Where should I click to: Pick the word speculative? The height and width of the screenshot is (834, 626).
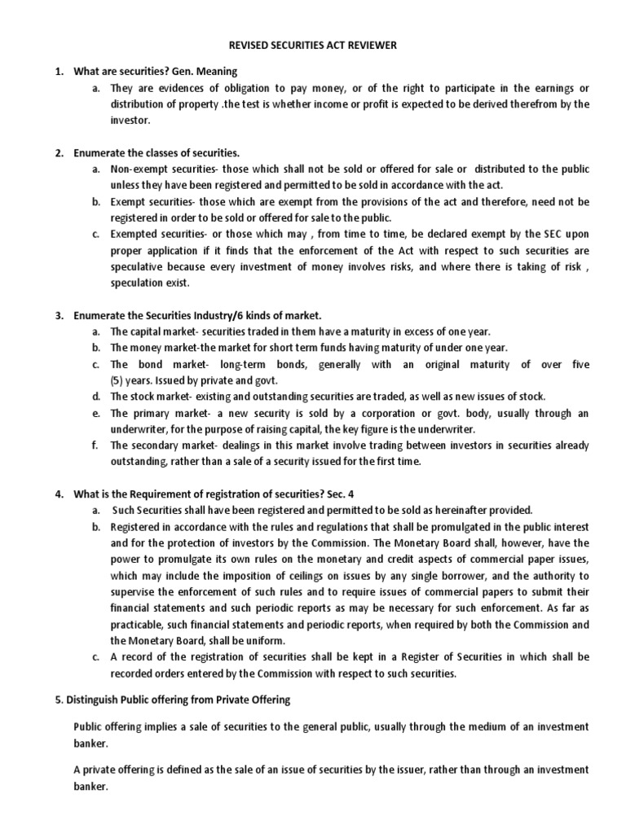[x=136, y=267]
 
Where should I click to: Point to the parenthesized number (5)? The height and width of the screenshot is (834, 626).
[x=118, y=380]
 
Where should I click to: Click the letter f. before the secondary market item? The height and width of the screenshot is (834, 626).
[x=95, y=446]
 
